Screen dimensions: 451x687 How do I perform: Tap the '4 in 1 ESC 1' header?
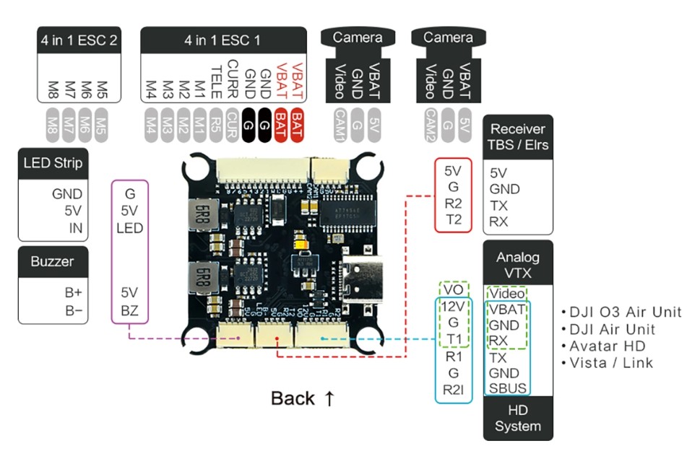point(222,40)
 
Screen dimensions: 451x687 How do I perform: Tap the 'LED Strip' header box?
point(53,162)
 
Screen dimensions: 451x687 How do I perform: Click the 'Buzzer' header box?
point(53,260)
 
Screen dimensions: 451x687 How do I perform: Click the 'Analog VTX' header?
point(517,265)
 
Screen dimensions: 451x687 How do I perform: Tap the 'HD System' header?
point(517,418)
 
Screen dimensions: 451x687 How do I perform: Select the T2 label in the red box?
point(454,219)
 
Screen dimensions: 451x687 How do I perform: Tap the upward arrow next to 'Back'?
point(329,398)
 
